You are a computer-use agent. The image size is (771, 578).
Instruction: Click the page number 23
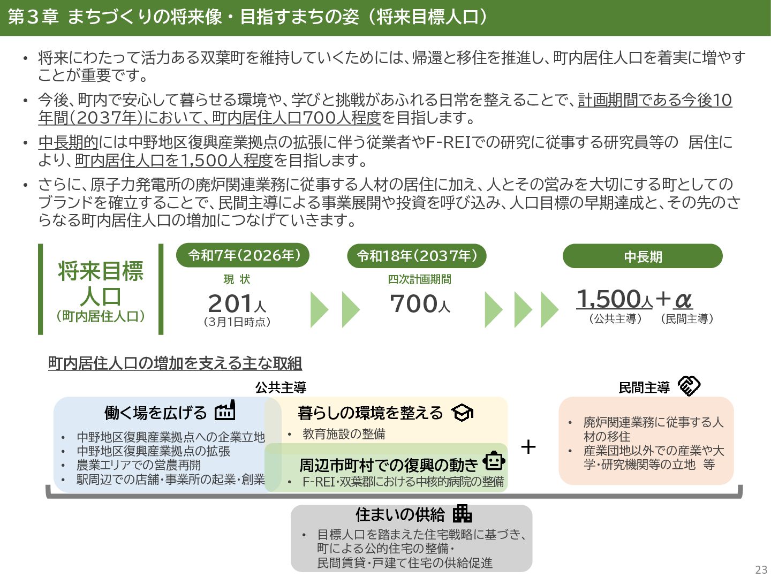coord(761,569)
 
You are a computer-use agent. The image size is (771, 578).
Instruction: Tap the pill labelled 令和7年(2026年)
coord(243,256)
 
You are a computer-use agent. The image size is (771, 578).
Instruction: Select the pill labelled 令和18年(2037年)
coord(417,256)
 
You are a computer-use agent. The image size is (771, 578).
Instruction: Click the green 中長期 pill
coord(642,257)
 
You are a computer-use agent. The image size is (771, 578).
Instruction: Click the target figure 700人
coord(420,304)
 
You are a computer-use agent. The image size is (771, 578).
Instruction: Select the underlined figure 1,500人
coord(614,299)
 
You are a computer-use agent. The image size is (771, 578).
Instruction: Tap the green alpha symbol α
coord(683,300)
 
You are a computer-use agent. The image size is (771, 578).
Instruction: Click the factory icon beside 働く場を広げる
coord(225,410)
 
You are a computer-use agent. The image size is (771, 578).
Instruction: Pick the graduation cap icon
coord(462,413)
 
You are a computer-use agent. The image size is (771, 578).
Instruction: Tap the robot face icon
coord(494,461)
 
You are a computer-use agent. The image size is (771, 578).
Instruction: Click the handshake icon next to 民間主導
coord(689,385)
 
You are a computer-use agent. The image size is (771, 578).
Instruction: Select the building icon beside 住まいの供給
coord(462,514)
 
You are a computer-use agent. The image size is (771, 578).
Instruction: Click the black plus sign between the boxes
coord(528,447)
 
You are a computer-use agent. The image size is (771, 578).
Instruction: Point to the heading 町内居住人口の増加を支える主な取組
coord(175,363)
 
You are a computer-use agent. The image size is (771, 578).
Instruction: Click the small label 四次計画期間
coord(419,279)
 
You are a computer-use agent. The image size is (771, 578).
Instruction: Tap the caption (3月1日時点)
coord(237,322)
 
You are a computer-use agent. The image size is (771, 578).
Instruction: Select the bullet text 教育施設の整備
coord(344,434)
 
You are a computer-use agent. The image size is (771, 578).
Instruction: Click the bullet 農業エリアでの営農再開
coord(139,465)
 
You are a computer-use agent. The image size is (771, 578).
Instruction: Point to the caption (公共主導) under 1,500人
coord(615,319)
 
